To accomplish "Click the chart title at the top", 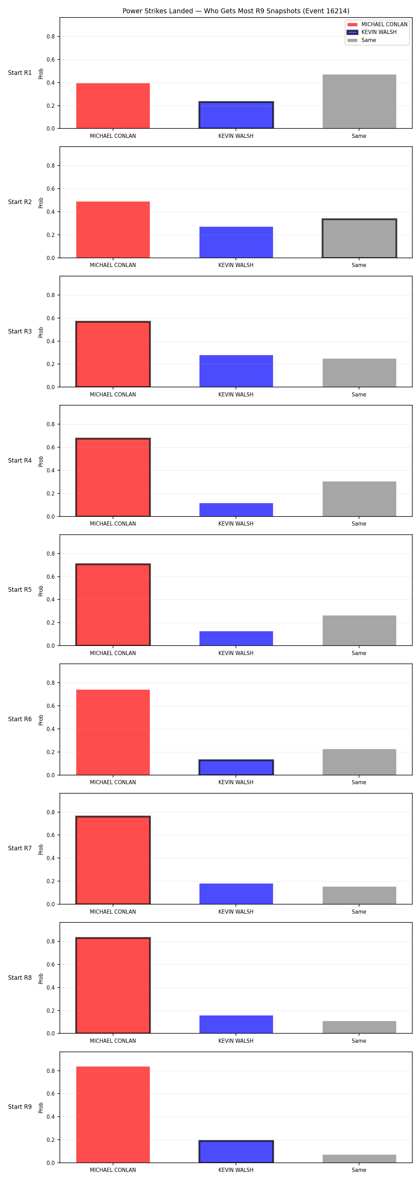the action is (236, 11).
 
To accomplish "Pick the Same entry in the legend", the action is (362, 40).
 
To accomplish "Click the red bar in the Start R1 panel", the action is (113, 106).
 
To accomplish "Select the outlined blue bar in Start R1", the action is (236, 115).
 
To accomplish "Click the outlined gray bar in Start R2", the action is (359, 238).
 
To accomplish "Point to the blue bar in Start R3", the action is (236, 371).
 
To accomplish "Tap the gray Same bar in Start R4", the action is (359, 499).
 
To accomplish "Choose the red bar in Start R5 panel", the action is (113, 605).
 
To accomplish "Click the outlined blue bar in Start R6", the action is (236, 767).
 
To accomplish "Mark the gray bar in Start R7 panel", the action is (359, 895).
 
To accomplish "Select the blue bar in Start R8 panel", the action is (236, 1024).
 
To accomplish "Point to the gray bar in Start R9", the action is (359, 1159).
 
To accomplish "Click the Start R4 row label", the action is (20, 460).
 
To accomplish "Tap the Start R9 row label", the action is (20, 1107).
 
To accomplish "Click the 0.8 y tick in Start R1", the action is (50, 37).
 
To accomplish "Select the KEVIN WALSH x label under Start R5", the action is (236, 653).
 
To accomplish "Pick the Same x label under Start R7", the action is (359, 912).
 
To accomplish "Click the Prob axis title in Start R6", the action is (41, 720).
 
